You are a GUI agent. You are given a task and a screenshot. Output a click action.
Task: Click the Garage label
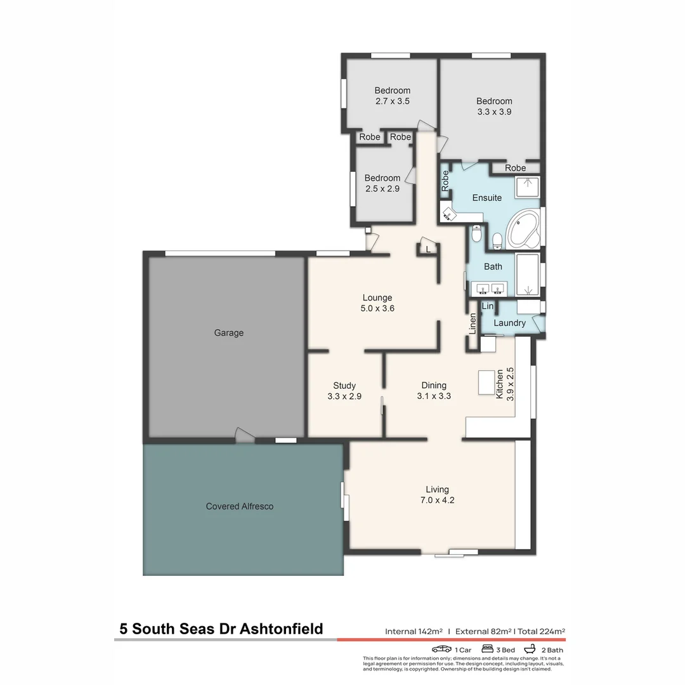(x=228, y=333)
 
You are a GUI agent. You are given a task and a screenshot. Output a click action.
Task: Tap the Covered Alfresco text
(x=240, y=506)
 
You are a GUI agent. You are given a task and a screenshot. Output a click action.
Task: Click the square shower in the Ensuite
(x=527, y=188)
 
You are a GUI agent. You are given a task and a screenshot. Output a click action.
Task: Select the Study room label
(x=344, y=386)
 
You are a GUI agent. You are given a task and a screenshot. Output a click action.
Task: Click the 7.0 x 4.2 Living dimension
(x=437, y=500)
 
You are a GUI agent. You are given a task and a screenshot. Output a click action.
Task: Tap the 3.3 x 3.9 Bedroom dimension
(x=494, y=112)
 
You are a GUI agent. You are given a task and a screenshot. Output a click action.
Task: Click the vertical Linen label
(x=473, y=324)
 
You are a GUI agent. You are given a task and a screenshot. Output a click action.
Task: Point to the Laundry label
(x=510, y=323)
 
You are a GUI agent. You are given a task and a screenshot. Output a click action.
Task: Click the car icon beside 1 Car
(x=441, y=649)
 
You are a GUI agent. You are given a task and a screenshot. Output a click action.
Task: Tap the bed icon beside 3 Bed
(x=488, y=649)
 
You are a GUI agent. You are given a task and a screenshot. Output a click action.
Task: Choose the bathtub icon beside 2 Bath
(x=530, y=649)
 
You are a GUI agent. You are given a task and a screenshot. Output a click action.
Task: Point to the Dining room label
(x=434, y=385)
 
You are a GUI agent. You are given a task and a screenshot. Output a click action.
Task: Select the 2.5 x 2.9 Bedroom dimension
(x=382, y=188)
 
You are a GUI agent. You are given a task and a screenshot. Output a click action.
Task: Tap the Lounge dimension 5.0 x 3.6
(x=377, y=308)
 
